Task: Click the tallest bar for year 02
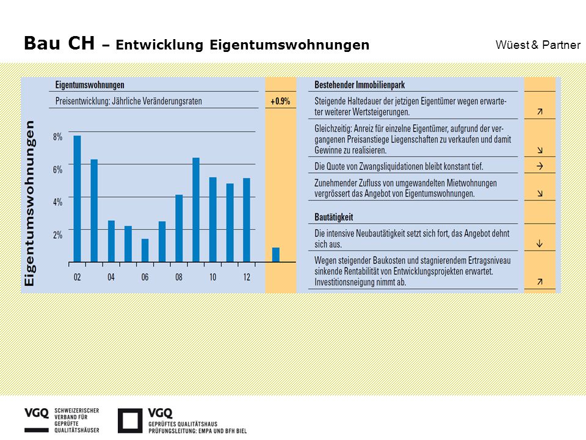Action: pyautogui.click(x=77, y=199)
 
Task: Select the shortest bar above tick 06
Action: pyautogui.click(x=145, y=251)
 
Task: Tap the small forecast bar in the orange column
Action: pyautogui.click(x=276, y=255)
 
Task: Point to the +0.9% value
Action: pyautogui.click(x=280, y=101)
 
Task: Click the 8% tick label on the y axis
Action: pyautogui.click(x=57, y=136)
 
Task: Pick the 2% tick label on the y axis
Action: pyautogui.click(x=57, y=235)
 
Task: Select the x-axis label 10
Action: pyautogui.click(x=212, y=277)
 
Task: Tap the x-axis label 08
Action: pyautogui.click(x=179, y=277)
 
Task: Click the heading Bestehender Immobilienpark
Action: pyautogui.click(x=360, y=85)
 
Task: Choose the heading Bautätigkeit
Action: pyautogui.click(x=334, y=217)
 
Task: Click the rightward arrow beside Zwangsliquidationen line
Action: pyautogui.click(x=540, y=166)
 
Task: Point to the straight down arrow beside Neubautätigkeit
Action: pyautogui.click(x=539, y=244)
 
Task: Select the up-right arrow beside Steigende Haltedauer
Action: pyautogui.click(x=540, y=111)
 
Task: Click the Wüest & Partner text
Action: pyautogui.click(x=538, y=45)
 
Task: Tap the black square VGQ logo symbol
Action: pyautogui.click(x=130, y=420)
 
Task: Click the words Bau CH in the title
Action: pyautogui.click(x=59, y=43)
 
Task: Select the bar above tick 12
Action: pyautogui.click(x=247, y=220)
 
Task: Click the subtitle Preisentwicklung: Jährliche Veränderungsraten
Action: pyautogui.click(x=129, y=101)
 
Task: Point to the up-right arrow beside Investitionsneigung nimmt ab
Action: pyautogui.click(x=540, y=282)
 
